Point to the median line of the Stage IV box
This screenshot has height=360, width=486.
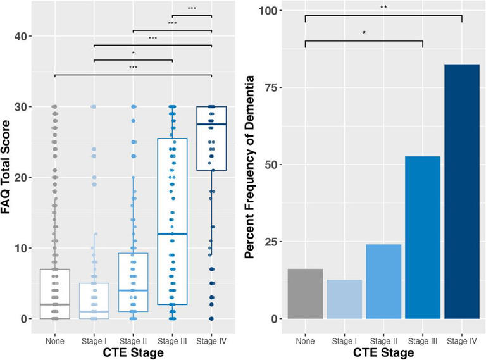click(211, 125)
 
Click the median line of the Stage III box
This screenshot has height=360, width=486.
click(172, 234)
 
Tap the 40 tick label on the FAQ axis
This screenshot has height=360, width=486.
click(23, 36)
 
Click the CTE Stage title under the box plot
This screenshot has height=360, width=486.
click(133, 353)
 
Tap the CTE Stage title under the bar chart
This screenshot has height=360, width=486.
click(383, 353)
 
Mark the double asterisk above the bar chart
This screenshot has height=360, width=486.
click(383, 8)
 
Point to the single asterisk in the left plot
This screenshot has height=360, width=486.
click(133, 53)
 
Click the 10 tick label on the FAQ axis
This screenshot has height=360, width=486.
click(23, 248)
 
